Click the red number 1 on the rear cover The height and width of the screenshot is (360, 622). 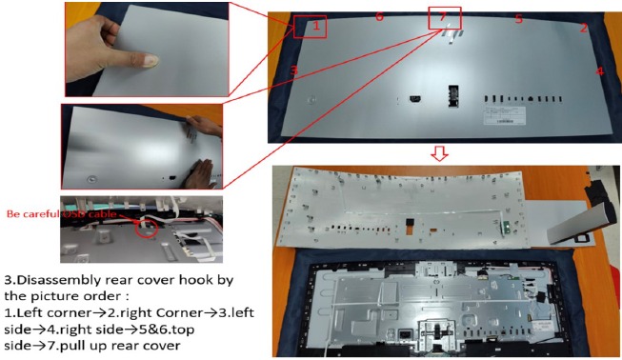[x=315, y=27]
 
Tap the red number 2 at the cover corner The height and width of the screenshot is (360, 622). [x=584, y=29]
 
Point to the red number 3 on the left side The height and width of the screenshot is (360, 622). [x=294, y=70]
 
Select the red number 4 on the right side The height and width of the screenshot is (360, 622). [x=600, y=71]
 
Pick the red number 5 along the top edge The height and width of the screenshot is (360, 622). [x=519, y=19]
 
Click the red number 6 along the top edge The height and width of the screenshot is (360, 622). [x=379, y=17]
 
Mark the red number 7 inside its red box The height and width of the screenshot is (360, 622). [x=442, y=18]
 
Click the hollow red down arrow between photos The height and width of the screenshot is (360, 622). [x=440, y=153]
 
